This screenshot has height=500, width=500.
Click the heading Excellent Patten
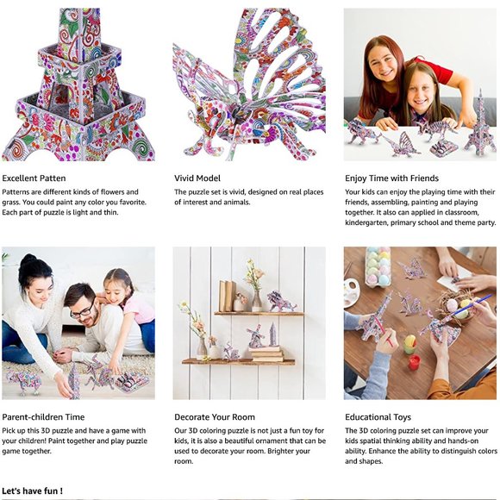coord(34,178)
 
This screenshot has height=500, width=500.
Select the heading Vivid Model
coord(197,178)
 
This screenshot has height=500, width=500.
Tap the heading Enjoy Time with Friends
coord(392,178)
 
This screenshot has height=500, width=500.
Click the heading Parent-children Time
coord(43,417)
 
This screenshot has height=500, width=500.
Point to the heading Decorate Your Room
coord(215,417)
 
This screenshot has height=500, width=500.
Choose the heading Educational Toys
coord(378,417)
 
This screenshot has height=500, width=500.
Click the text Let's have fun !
coord(32,491)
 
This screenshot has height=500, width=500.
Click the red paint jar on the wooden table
coord(414,362)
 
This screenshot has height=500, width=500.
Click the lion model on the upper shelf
coord(281,302)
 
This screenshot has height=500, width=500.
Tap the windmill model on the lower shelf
coord(255,336)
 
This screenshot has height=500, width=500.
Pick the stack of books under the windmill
coord(266,354)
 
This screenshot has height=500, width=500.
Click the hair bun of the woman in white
coord(29,260)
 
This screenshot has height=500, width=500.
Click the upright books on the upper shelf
coord(227,296)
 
